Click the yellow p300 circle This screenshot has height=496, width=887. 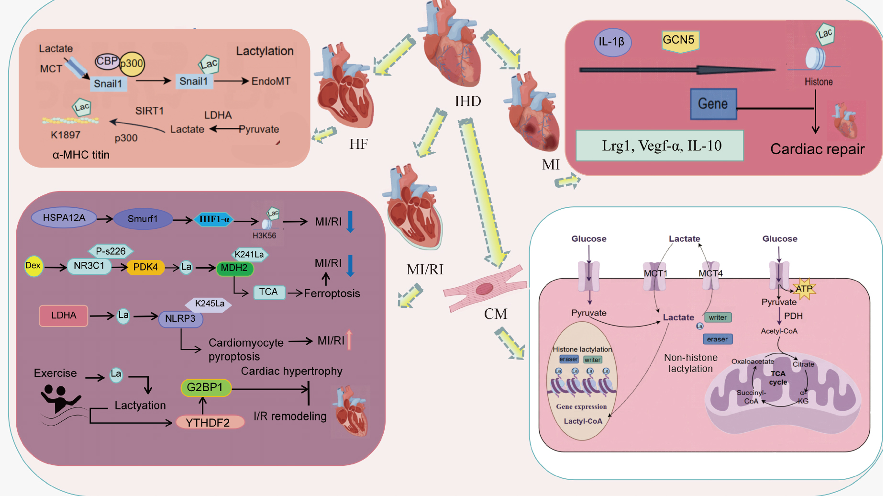[132, 64]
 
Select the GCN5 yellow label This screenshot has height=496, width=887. [679, 40]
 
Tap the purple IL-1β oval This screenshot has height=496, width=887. [612, 42]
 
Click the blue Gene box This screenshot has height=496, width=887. [713, 104]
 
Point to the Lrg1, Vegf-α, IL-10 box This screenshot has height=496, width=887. [660, 146]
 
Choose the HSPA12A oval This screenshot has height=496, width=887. [64, 218]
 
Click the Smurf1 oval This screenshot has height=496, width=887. [143, 219]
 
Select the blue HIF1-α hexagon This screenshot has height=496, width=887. [214, 219]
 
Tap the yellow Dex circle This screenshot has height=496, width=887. [33, 266]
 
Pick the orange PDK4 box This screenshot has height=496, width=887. [145, 267]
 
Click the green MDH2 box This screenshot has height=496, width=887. [234, 268]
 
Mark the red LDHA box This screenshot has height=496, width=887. [64, 316]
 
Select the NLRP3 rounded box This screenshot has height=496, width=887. [180, 319]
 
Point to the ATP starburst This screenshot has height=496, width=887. [804, 289]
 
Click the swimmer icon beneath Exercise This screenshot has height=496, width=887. [61, 400]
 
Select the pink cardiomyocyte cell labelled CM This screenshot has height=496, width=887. [484, 289]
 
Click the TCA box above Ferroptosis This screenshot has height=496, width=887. [268, 292]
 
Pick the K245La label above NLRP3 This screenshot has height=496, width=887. [209, 304]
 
